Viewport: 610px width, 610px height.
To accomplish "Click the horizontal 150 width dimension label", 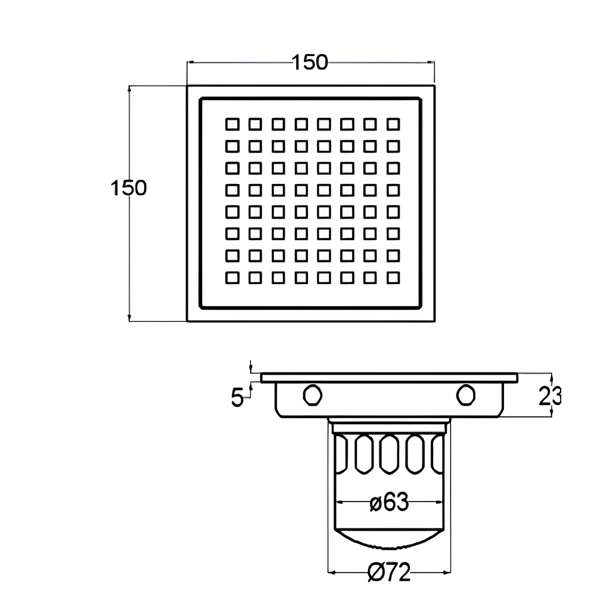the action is point(310,62).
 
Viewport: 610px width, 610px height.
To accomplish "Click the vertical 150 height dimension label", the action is point(129,188).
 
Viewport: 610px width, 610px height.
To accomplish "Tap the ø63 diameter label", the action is point(389,502).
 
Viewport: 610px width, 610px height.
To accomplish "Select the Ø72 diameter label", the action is point(389,572).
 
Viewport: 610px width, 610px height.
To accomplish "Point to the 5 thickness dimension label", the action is point(237,397).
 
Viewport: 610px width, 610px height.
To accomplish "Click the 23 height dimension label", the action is point(550,396).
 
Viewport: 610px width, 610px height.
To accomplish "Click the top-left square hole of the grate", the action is point(232,125).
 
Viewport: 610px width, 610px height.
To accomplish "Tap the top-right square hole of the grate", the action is point(393,125).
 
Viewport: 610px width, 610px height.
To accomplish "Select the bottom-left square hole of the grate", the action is point(232,278).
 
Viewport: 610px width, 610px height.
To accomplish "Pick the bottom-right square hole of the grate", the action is point(393,278).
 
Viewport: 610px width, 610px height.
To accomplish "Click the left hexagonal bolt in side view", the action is point(312,395).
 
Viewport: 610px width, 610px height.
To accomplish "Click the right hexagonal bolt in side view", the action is point(466,395).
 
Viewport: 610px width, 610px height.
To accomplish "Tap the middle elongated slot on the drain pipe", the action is point(389,454).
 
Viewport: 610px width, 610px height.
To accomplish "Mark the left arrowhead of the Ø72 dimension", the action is point(331,572).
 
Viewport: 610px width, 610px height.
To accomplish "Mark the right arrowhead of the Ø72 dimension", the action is point(447,572).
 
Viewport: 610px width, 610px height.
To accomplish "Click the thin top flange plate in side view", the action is point(389,378).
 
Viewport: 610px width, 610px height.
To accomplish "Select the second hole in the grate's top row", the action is point(255,125).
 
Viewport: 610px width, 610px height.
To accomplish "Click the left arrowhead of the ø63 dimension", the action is point(338,502).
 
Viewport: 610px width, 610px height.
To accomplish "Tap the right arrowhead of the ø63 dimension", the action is point(440,502).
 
